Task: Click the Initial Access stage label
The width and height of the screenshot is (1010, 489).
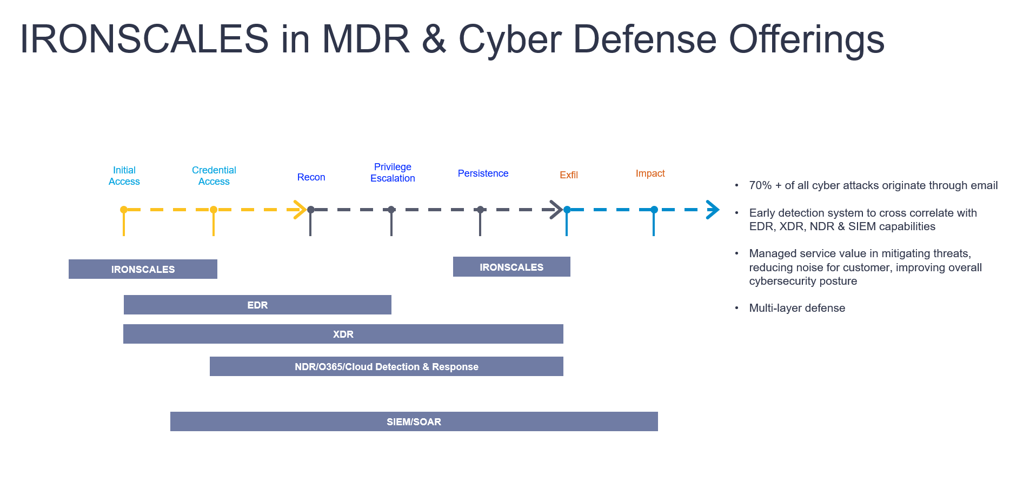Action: point(124,176)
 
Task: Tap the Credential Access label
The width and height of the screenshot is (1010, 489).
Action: point(214,176)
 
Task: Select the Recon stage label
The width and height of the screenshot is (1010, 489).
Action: point(311,177)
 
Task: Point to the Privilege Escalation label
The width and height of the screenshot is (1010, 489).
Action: point(393,172)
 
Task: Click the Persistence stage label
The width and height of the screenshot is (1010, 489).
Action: point(483,173)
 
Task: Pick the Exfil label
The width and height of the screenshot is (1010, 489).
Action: point(569,175)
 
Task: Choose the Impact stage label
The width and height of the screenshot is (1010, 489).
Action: point(650,173)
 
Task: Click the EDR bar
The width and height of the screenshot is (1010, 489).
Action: point(257,305)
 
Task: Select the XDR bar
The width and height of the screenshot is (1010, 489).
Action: point(343,334)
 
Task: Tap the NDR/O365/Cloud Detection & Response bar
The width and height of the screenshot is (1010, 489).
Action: point(386,366)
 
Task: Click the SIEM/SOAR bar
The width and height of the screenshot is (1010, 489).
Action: point(414,421)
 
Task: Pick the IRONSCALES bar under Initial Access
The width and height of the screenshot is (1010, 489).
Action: point(143,269)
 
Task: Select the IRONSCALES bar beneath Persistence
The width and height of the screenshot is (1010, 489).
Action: point(511,267)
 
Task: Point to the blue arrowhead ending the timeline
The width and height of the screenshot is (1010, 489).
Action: point(713,210)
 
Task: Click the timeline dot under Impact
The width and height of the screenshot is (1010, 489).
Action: point(654,210)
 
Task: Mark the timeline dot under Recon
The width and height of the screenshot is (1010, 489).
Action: point(310,210)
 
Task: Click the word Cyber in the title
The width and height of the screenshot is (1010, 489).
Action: point(510,40)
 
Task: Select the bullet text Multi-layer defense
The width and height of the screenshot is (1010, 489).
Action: point(797,308)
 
